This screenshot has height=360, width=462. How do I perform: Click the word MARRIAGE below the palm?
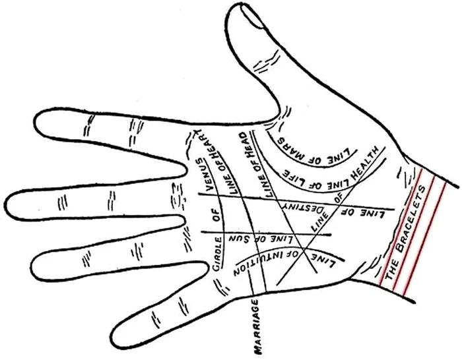click(257, 326)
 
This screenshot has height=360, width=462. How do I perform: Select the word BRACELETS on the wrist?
click(411, 219)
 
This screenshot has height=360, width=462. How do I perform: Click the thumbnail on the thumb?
click(253, 17)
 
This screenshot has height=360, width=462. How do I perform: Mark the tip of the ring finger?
click(32, 266)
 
